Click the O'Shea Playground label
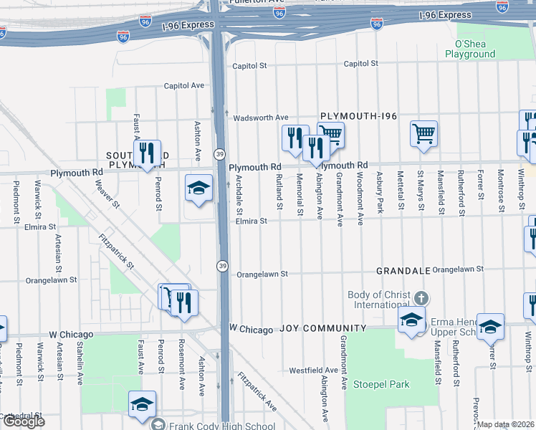(x=470, y=49)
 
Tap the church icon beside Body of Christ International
(x=422, y=297)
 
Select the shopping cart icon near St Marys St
(x=423, y=133)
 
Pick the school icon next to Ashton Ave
(x=198, y=188)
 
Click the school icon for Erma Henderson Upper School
(x=489, y=326)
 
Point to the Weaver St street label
(x=105, y=194)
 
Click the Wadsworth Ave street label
(x=260, y=118)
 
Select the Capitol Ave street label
(x=183, y=85)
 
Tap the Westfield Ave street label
(x=313, y=371)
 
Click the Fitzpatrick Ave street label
(x=257, y=391)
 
